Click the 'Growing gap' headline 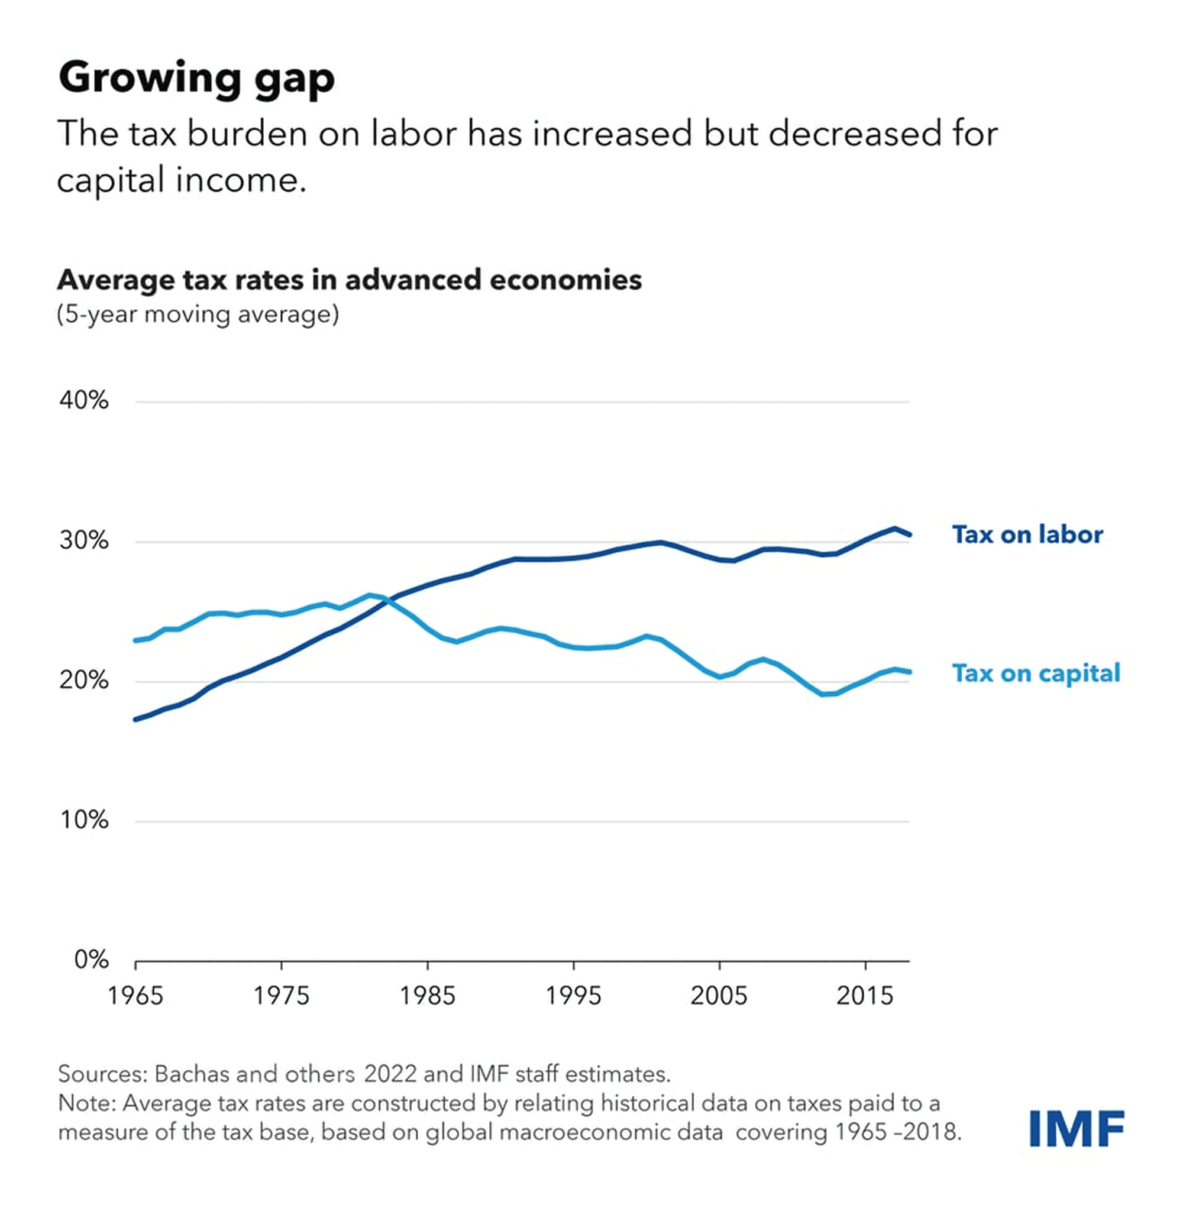[196, 78]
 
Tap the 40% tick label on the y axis [84, 400]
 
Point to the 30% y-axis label [84, 540]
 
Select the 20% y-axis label [84, 680]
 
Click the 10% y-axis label [84, 820]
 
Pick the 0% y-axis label [91, 960]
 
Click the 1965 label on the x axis [135, 996]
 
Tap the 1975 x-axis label [281, 996]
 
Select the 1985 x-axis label [428, 996]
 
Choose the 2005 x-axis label [719, 996]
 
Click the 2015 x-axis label [864, 996]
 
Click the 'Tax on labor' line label [1027, 535]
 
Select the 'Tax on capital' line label [1036, 673]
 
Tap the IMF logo [1077, 1129]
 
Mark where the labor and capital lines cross [390, 600]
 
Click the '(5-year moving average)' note [198, 315]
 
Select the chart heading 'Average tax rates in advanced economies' [349, 280]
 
